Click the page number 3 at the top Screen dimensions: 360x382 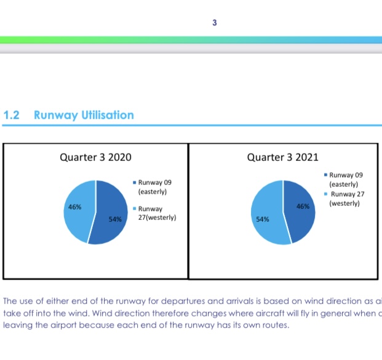click(214, 23)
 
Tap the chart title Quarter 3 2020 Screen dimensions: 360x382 click(95, 158)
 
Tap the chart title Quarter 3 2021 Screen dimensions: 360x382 click(282, 158)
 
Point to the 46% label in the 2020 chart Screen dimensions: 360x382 click(74, 208)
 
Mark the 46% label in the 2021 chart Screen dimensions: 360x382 click(303, 208)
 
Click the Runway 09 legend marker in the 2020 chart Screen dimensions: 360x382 click(135, 182)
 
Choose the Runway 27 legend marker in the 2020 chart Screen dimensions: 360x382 click(135, 209)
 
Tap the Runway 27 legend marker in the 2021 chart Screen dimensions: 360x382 click(327, 194)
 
